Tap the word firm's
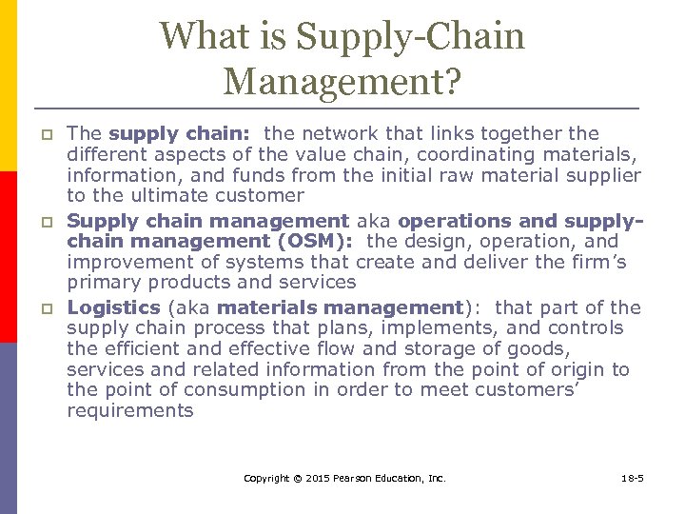click(x=593, y=263)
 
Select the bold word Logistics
click(x=113, y=307)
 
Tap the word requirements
click(x=129, y=411)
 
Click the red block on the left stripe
click(x=9, y=256)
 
